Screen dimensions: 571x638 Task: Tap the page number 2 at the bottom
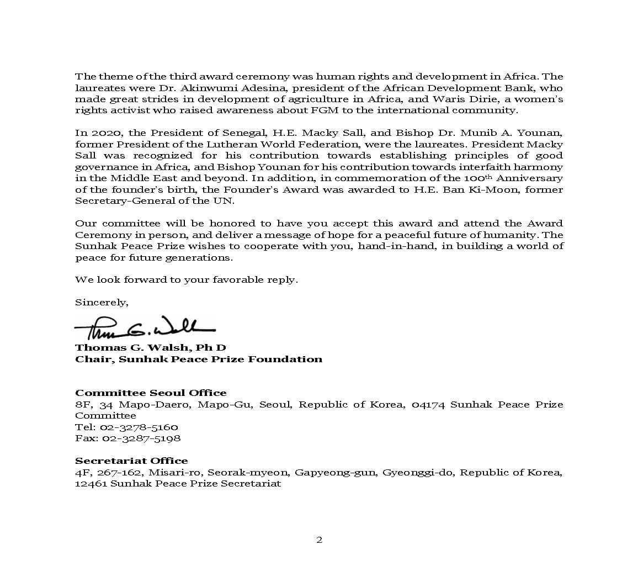319,540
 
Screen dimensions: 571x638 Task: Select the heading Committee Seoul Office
151,393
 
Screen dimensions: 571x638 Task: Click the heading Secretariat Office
131,461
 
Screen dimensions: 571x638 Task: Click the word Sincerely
102,302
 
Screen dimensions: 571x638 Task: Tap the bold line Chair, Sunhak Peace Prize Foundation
199,359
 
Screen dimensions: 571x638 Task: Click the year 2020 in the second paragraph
100,133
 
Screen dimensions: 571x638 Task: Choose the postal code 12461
91,483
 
